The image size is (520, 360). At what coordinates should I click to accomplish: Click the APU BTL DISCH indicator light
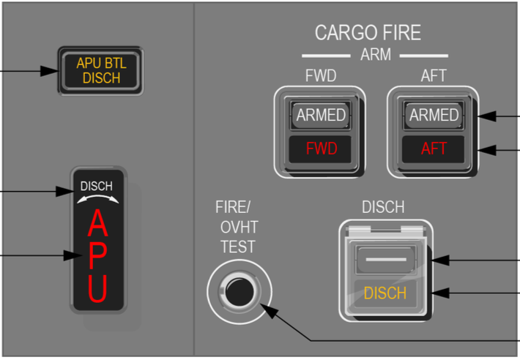101,71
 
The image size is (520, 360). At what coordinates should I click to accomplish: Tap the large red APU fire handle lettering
97,257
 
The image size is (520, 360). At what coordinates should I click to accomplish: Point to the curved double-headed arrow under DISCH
97,198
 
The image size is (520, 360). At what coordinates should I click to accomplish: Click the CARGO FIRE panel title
368,33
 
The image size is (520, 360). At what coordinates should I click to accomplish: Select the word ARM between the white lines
375,55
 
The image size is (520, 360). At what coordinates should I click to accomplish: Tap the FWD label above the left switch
319,77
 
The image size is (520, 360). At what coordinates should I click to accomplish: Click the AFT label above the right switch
434,77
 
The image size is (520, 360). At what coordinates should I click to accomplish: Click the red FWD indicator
321,149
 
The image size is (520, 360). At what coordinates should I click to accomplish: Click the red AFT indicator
434,149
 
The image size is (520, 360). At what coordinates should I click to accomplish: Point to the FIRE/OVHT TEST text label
237,227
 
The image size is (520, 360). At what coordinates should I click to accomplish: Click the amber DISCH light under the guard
384,293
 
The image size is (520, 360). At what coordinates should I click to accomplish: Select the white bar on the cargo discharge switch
384,259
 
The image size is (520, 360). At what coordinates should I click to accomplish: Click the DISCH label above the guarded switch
383,207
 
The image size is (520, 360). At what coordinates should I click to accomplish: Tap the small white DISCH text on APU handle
97,186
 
